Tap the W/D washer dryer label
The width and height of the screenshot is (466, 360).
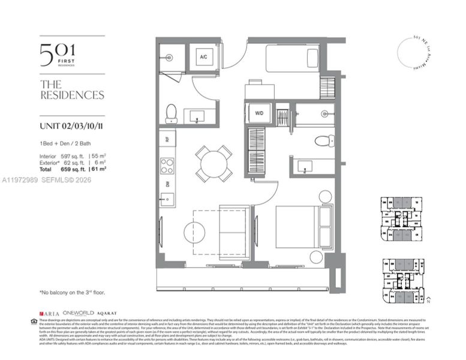coord(260,112)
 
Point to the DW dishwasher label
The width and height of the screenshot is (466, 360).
coord(167,184)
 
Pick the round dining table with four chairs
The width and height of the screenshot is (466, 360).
coord(214,163)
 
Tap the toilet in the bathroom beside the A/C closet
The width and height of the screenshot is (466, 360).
coord(171,112)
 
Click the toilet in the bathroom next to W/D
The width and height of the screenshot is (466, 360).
coord(323,142)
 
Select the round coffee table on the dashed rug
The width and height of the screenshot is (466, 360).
coord(194,232)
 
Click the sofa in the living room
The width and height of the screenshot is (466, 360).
coord(234,230)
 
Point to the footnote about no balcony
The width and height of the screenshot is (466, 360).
coord(74,292)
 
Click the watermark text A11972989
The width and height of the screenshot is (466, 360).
coord(20,179)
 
